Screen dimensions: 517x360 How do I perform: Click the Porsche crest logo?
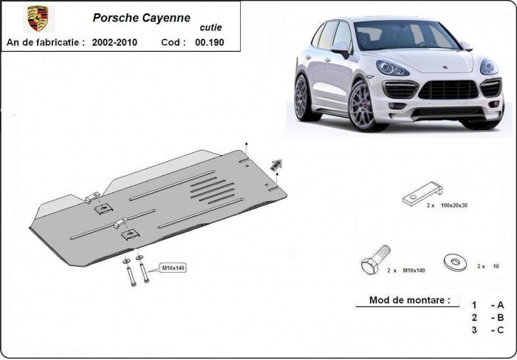pos(38,18)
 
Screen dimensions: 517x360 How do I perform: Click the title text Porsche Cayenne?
pos(142,18)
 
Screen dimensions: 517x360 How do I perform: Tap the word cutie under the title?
pos(210,27)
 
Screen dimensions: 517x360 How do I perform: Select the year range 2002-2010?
pos(114,42)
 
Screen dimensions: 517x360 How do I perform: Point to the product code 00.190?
pos(209,42)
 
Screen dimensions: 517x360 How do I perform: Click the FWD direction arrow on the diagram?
pos(276,165)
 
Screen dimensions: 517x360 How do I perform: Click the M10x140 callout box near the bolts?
pos(173,268)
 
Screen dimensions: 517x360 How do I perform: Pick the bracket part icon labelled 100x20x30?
pos(422,194)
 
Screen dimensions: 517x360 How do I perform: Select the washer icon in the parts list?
pos(456,262)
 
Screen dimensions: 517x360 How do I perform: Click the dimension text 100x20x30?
pos(454,206)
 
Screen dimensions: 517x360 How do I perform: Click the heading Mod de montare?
pos(409,300)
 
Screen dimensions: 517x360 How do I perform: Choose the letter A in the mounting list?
pos(500,305)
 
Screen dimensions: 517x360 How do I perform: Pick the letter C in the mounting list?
pos(500,330)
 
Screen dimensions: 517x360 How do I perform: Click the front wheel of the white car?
pos(363,106)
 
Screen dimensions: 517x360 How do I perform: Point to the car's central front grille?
pos(448,89)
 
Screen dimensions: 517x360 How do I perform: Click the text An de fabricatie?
pos(46,42)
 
